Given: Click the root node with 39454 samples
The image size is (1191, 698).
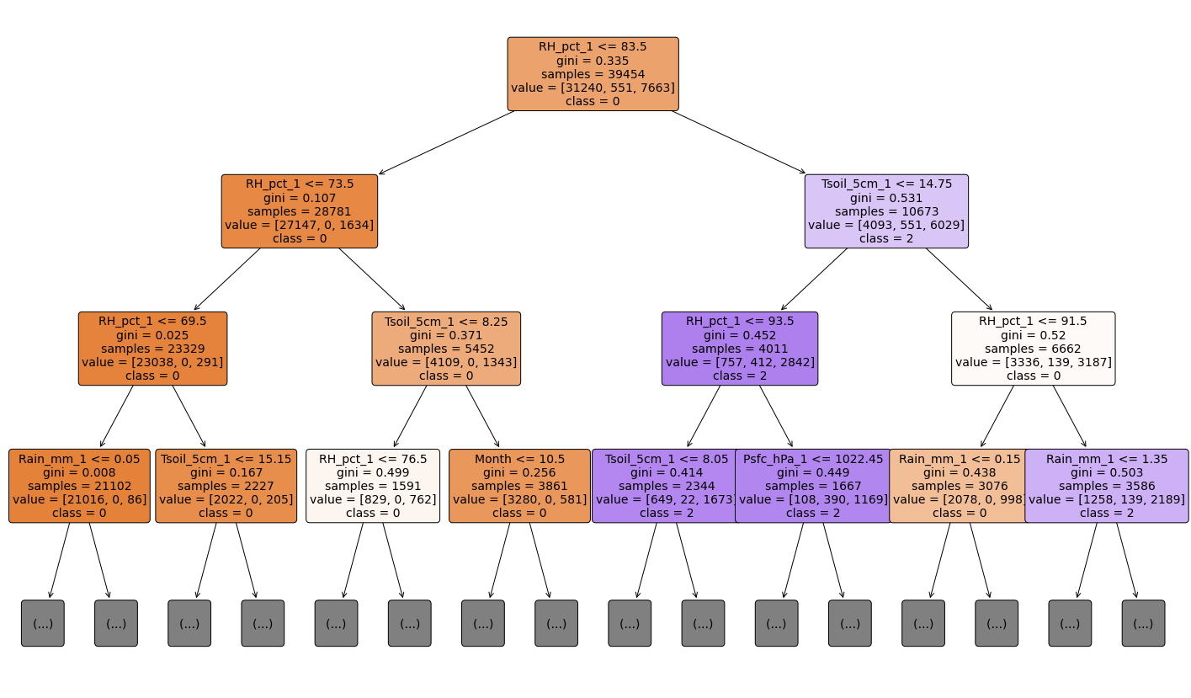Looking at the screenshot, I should tap(593, 74).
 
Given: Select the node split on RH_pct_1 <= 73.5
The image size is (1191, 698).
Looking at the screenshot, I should tap(299, 211).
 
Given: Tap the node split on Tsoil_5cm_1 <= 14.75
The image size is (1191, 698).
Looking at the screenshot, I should tap(886, 211).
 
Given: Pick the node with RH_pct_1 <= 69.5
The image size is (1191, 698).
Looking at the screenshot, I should tap(152, 349).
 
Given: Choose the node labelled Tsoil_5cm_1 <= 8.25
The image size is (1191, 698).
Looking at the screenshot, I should tap(446, 349).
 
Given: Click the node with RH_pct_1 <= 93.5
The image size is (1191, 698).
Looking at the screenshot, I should tap(740, 349).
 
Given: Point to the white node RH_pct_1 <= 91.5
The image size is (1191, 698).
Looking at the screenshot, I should tap(1033, 349).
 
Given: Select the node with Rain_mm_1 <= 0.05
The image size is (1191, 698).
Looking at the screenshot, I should tap(79, 486).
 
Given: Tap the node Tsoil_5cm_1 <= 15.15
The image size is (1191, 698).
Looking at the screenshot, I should tap(226, 486).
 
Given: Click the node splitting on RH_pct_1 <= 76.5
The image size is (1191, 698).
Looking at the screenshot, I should tap(373, 486).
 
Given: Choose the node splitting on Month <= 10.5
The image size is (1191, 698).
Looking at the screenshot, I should tap(519, 486).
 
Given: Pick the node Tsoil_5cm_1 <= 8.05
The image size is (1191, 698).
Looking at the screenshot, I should tap(665, 486).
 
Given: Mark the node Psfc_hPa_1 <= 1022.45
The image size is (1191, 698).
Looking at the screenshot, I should tap(813, 486).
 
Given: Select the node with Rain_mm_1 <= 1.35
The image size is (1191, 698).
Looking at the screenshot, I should tap(1107, 486).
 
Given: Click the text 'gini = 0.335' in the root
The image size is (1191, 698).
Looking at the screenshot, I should tap(593, 61).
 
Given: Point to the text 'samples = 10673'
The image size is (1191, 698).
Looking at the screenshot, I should tap(886, 211).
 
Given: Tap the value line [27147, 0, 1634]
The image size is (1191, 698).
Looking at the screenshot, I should tap(299, 225).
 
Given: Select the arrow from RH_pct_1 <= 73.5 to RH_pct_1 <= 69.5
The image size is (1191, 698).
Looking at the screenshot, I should tap(226, 280).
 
